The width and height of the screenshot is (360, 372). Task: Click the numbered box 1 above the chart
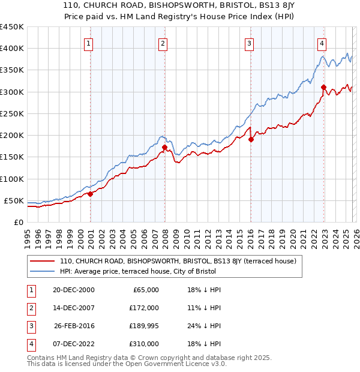click(89, 43)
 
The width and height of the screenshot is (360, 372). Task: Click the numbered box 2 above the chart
click(163, 43)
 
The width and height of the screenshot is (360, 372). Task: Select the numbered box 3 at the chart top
click(248, 43)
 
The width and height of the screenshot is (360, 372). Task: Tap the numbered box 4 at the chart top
click(322, 43)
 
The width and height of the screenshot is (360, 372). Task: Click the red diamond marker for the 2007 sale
click(164, 146)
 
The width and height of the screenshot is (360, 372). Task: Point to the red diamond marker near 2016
click(251, 139)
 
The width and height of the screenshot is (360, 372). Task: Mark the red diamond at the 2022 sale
click(323, 87)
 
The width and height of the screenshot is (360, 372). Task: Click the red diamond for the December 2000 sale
click(91, 194)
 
